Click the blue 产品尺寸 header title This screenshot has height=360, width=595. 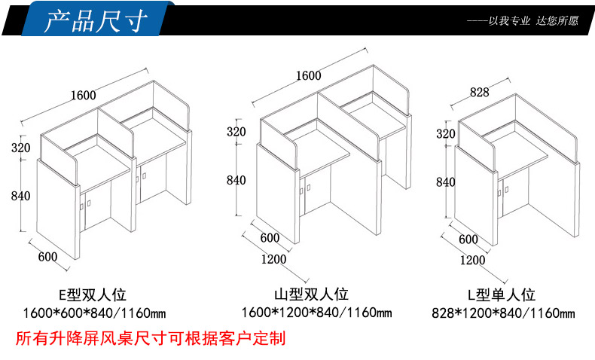coord(95,20)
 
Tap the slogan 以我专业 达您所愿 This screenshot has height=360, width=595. coord(533,20)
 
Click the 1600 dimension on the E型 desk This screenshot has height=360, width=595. coord(84,95)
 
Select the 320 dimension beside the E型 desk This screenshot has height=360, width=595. coord(20,147)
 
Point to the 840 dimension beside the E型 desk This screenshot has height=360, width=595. coord(20,196)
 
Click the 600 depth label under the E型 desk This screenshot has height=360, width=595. coord(47,257)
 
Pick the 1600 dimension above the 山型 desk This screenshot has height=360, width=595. coord(309,75)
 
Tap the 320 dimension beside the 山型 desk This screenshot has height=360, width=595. coord(236,132)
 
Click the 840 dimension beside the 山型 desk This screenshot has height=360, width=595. coord(236,180)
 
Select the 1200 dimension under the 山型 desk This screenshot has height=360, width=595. coord(273,259)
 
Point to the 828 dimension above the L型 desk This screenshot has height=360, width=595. coord(480,92)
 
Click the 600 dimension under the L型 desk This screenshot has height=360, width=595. coord(468,239)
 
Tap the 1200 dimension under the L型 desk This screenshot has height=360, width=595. coord(473,260)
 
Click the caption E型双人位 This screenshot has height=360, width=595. coord(93,294)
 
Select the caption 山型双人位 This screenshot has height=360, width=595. coord(311,294)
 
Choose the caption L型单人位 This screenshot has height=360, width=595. coord(502,294)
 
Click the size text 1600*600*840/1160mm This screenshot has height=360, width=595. coord(94,313)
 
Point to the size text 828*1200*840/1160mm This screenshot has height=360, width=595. coord(503,313)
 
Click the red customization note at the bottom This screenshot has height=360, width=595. coord(151,338)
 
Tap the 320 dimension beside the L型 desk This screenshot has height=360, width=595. coord(445,133)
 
